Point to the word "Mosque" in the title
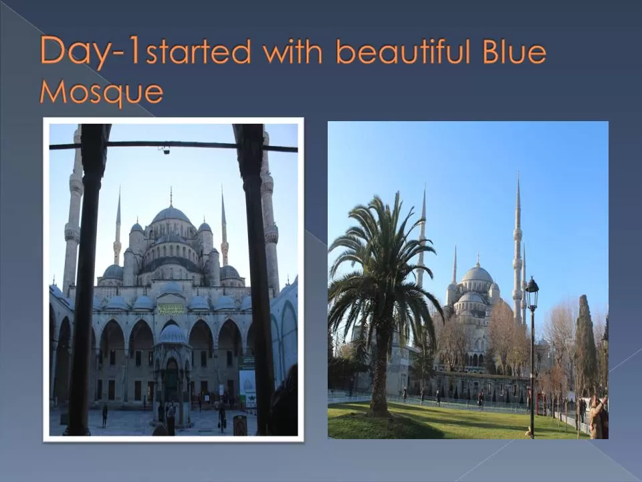[101, 92]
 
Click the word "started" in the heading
[199, 52]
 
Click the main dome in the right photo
[477, 274]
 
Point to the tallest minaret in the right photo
[517, 248]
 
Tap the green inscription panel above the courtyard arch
[171, 309]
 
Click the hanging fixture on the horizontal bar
[165, 150]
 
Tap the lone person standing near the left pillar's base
[104, 415]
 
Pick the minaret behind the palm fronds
[422, 234]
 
